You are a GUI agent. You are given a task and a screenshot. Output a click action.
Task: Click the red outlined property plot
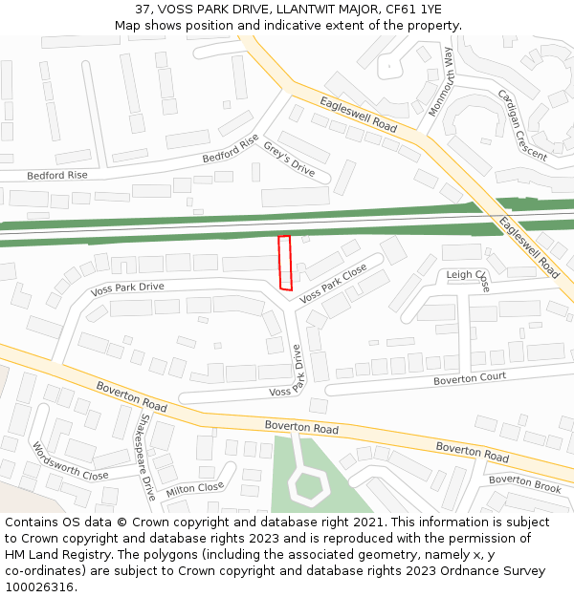coord(284,263)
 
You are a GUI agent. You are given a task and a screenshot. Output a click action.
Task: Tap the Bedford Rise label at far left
coord(56,176)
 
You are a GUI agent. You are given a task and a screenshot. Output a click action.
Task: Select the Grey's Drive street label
coord(289,159)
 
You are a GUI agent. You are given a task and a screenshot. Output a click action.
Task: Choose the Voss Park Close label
coord(333,284)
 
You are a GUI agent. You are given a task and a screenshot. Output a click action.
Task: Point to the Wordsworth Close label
coord(70,460)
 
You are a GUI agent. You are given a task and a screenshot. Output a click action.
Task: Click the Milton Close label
coord(194,489)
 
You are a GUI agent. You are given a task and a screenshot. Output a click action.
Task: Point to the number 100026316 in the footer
coord(39,587)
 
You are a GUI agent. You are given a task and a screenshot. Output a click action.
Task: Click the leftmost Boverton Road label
coord(131,396)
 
